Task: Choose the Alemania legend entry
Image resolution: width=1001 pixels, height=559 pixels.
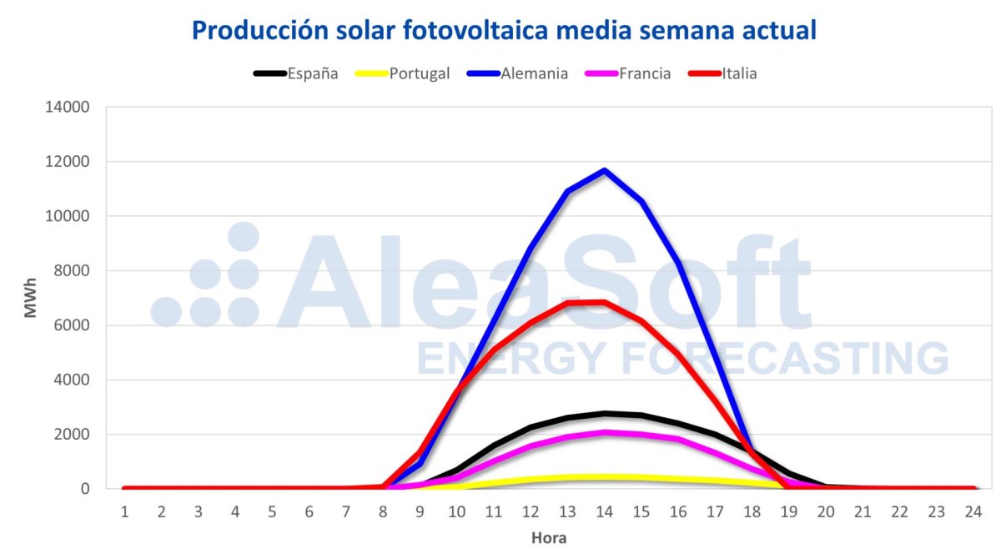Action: click(534, 73)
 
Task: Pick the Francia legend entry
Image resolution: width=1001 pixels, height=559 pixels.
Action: click(644, 73)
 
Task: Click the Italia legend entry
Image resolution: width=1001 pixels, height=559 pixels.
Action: click(739, 73)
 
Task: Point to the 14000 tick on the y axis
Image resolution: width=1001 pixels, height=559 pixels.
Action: click(71, 108)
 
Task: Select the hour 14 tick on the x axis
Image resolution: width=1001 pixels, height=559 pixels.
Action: click(604, 510)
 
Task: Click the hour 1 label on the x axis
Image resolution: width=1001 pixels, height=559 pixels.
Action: click(125, 510)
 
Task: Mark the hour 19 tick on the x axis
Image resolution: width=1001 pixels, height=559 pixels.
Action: click(788, 510)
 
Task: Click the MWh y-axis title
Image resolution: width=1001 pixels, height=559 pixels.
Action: click(30, 298)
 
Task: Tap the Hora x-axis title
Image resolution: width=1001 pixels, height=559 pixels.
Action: click(549, 538)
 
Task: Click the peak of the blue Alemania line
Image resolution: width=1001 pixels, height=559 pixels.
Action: click(604, 171)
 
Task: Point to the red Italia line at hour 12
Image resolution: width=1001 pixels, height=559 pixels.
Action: click(531, 322)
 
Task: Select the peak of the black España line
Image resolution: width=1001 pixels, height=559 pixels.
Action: click(604, 413)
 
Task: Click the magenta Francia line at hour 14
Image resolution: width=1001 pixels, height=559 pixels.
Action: click(604, 432)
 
